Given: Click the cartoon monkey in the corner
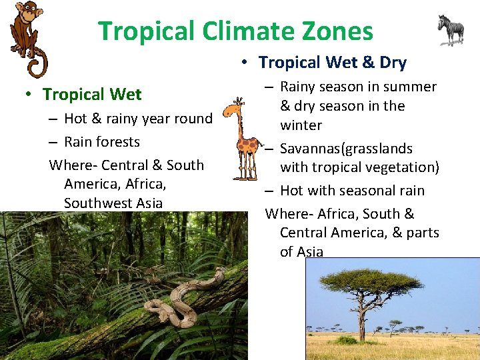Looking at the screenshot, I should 27,33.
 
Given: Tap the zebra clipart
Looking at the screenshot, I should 451,29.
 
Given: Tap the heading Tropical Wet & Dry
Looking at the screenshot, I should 332,63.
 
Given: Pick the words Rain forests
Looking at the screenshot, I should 102,142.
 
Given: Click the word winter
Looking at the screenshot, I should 301,125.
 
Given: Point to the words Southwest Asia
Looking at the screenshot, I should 113,203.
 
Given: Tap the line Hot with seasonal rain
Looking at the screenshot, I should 352,191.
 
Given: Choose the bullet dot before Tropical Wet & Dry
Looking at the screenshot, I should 245,63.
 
